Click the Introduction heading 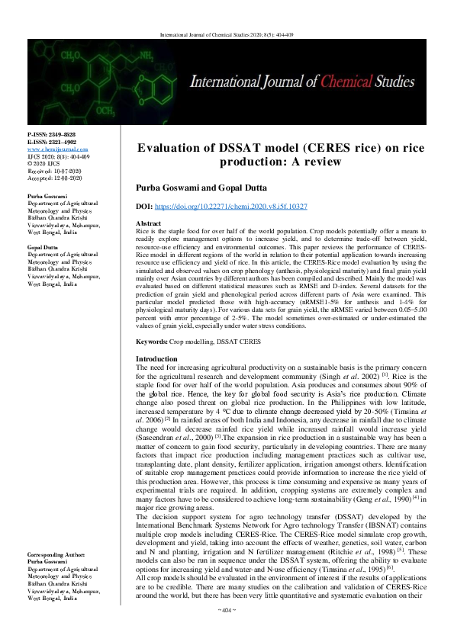point(156,358)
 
